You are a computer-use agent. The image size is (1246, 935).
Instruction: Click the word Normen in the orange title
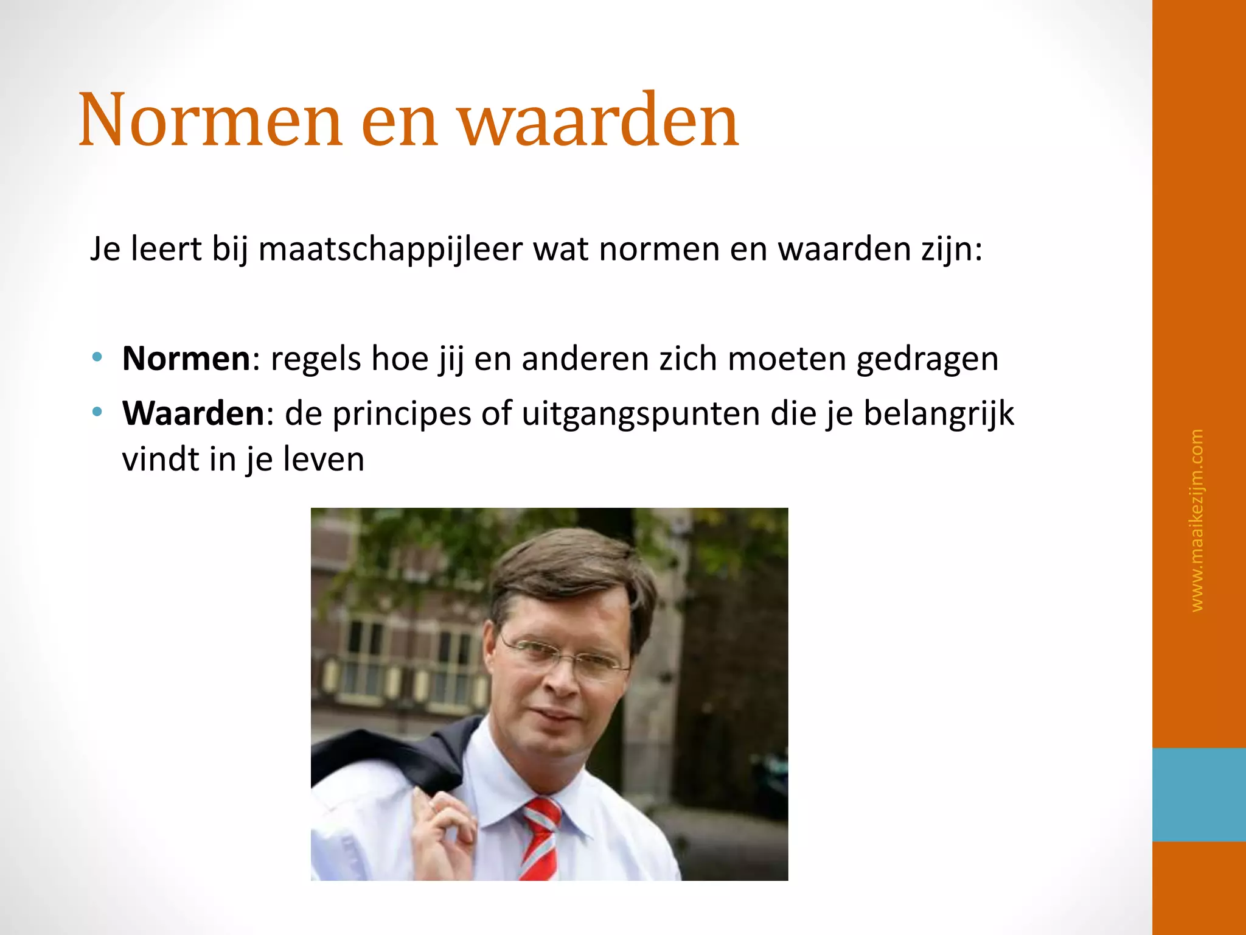point(210,120)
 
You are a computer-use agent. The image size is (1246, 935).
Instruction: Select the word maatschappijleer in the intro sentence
point(390,249)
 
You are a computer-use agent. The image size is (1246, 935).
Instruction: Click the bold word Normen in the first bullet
point(186,359)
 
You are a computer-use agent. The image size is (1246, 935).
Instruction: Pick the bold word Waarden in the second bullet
point(193,414)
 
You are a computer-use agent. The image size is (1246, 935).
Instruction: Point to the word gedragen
point(927,360)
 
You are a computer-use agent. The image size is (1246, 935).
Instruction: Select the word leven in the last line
point(324,460)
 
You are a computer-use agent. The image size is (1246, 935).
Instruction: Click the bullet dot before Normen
point(97,357)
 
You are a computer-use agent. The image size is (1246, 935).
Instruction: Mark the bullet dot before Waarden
point(97,412)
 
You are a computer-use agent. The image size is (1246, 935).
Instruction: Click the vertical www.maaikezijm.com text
point(1196,520)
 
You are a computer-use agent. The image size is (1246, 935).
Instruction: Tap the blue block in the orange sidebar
point(1199,794)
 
